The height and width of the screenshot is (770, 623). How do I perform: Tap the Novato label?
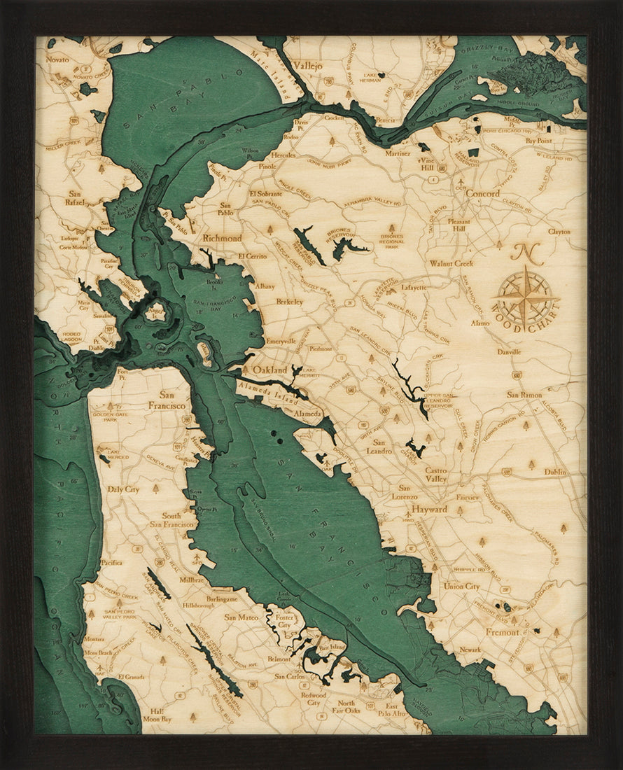click(57, 60)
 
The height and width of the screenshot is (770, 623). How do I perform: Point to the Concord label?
click(483, 193)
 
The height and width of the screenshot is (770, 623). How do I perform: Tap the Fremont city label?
click(503, 632)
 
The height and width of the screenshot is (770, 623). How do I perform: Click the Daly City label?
click(122, 489)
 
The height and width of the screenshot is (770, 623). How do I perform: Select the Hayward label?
click(429, 510)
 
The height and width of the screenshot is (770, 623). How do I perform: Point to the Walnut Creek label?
click(451, 264)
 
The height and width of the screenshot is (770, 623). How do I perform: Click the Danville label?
click(509, 351)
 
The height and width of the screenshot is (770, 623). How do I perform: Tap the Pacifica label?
click(111, 562)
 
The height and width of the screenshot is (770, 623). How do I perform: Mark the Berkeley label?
click(290, 302)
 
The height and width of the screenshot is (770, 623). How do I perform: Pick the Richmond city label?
click(222, 238)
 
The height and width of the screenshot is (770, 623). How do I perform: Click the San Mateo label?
click(241, 617)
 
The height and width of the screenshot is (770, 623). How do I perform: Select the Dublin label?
click(555, 472)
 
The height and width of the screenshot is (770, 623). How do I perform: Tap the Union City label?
click(462, 586)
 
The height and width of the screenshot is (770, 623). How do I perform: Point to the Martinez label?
click(398, 153)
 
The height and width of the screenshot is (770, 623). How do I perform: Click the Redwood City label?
click(313, 699)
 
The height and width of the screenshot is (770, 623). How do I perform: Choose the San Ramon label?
click(524, 395)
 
